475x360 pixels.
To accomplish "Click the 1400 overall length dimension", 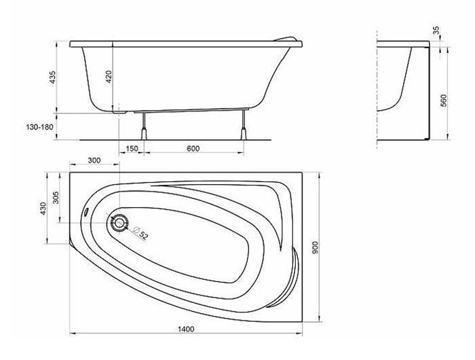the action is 186,329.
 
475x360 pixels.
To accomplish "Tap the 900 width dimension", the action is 316,247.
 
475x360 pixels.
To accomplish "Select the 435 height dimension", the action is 53,77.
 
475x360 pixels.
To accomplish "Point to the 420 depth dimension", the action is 109,77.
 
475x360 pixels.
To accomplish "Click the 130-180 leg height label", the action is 39,126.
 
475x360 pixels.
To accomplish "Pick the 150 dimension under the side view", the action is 132,149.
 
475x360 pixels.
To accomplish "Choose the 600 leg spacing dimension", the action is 193,149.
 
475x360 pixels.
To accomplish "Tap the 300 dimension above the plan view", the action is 94,160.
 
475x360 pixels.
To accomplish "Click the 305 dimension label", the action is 56,198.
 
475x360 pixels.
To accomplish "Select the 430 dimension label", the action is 43,209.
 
